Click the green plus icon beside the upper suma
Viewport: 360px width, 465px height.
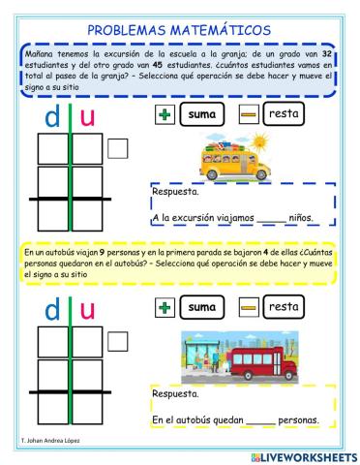pos(164,115)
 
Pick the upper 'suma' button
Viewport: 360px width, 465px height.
pos(201,115)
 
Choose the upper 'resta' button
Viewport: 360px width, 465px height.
pos(284,114)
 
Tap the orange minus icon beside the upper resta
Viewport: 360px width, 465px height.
pos(248,115)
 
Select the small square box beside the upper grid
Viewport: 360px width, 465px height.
pos(118,148)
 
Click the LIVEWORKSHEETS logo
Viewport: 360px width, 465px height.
pos(303,455)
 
